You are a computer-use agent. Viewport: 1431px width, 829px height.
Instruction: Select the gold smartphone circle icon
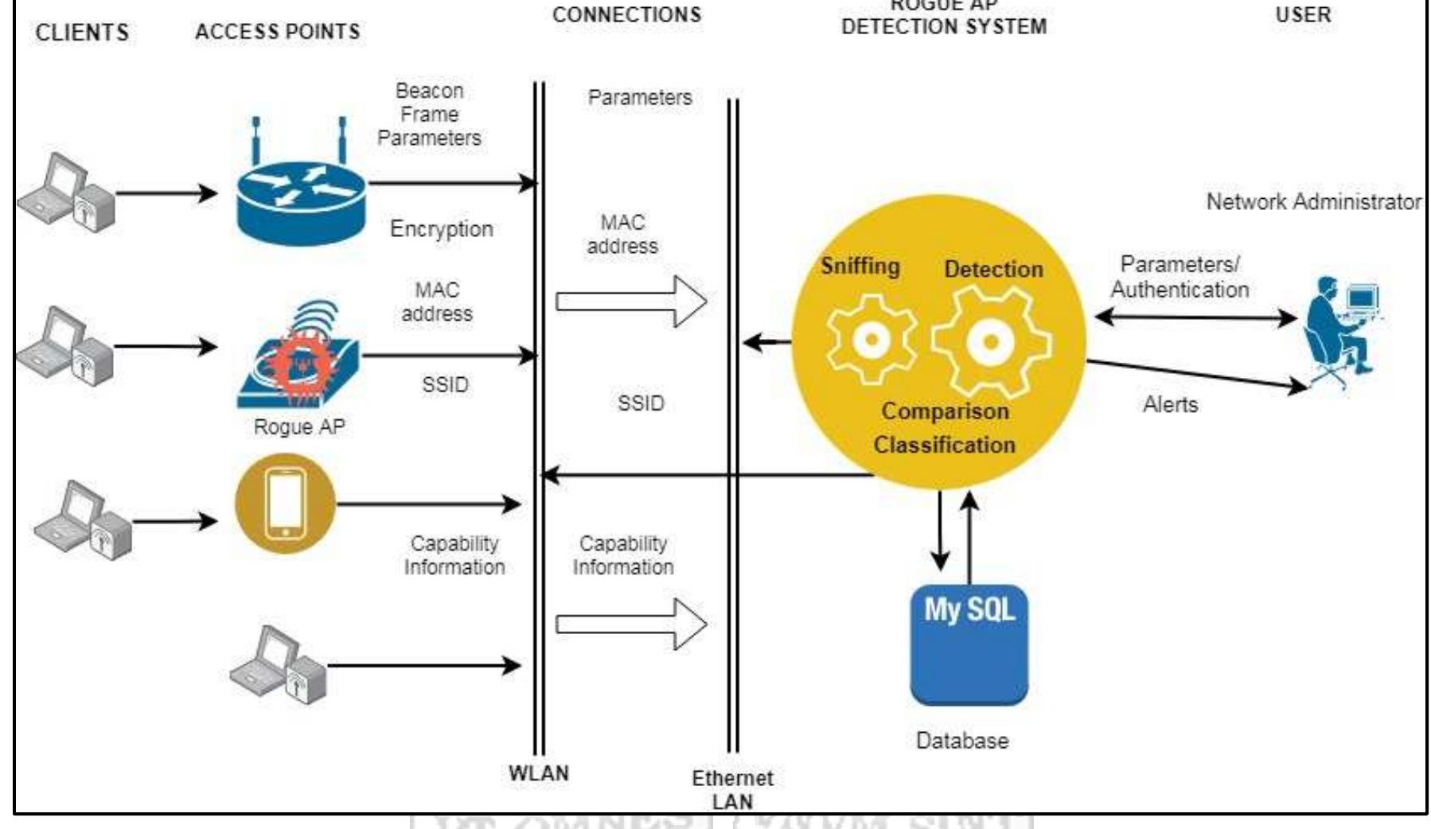285,504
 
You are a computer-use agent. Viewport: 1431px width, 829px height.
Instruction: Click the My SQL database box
969,644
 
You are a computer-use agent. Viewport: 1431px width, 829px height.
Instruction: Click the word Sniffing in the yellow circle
860,266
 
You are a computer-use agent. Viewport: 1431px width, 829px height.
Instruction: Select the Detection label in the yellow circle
993,269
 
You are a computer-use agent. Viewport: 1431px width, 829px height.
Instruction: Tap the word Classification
944,445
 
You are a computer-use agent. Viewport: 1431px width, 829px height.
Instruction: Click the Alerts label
1170,404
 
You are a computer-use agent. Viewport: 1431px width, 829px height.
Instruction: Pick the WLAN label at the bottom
539,773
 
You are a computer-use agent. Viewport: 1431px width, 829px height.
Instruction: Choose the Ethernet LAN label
732,789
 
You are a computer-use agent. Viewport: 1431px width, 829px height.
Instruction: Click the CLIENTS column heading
82,33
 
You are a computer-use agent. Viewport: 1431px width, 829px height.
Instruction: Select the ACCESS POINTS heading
277,32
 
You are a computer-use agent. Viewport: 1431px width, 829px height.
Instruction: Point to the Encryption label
442,229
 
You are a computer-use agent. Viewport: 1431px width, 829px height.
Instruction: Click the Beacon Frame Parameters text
429,115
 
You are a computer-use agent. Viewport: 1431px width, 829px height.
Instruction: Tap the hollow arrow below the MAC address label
631,302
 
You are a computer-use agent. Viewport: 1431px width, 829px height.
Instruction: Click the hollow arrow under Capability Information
631,625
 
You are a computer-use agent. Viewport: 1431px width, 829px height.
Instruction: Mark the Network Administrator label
1313,202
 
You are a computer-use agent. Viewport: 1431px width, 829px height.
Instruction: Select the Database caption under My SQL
962,741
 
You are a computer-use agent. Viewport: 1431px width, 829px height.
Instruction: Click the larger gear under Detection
991,342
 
